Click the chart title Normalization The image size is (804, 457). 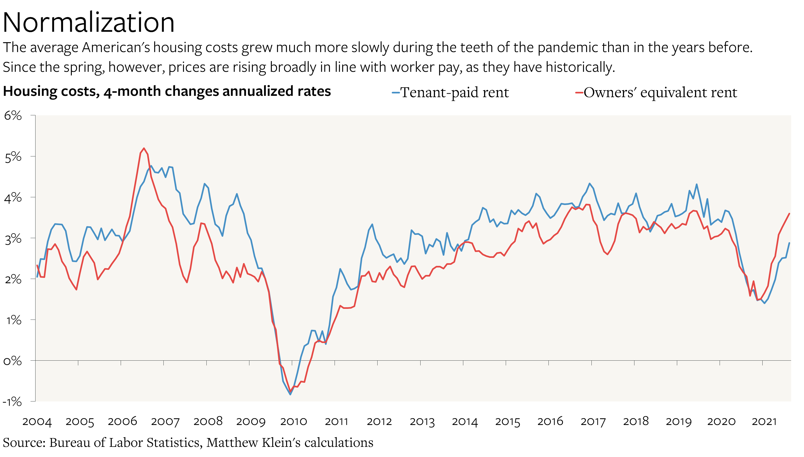(x=89, y=23)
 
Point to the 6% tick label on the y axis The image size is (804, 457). (x=13, y=116)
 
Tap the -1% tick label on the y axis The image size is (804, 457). (x=12, y=401)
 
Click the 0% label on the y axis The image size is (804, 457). (x=13, y=361)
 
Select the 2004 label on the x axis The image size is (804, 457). (x=37, y=421)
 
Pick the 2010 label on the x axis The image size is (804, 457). (x=293, y=421)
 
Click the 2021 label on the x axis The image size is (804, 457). (x=764, y=421)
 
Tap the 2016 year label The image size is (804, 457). (x=550, y=421)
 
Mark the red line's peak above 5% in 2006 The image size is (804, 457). (x=144, y=148)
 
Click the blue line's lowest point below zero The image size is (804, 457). (x=290, y=394)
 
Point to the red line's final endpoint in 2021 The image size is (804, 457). (x=789, y=214)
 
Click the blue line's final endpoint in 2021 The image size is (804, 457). (x=789, y=243)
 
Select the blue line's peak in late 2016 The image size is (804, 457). (x=590, y=183)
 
